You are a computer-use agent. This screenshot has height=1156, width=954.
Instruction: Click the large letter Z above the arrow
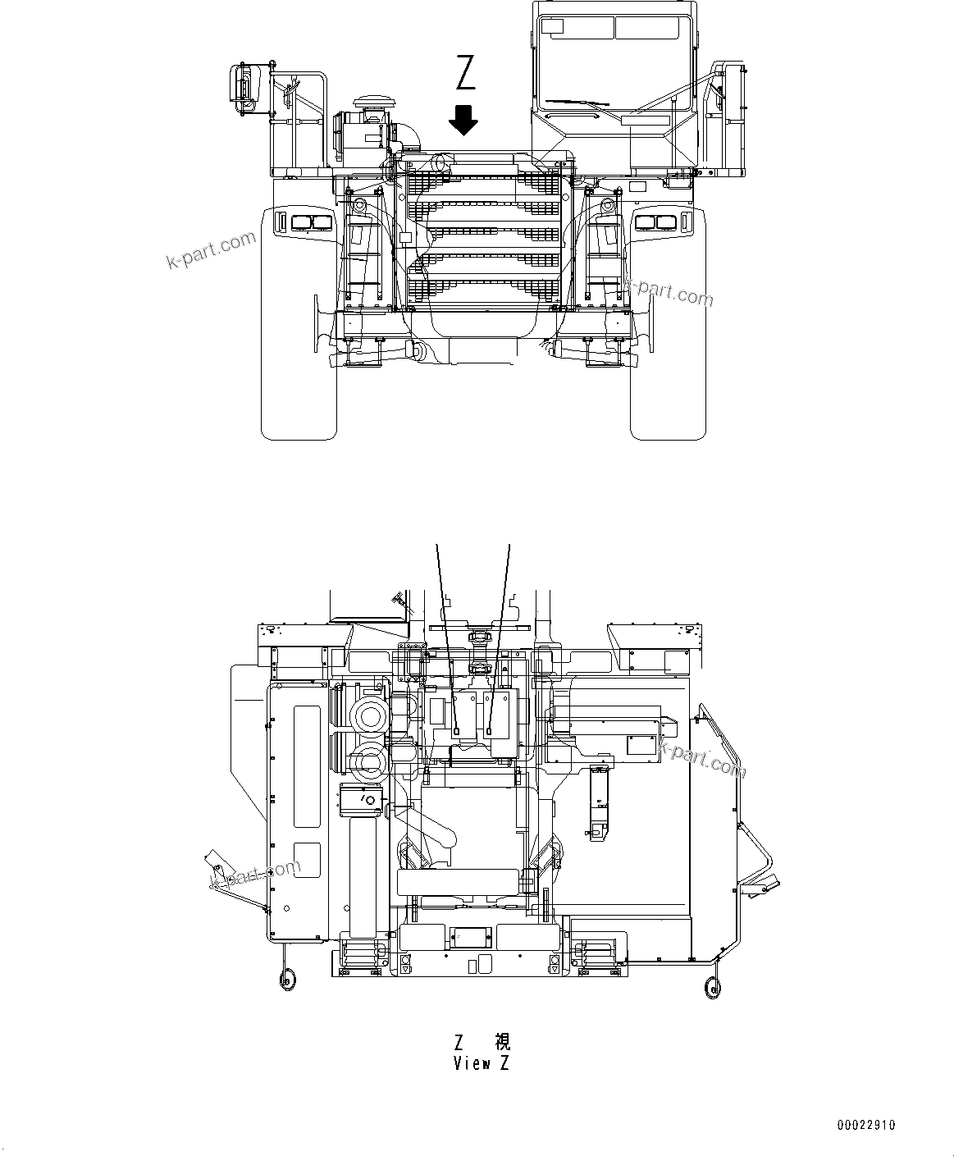[x=465, y=72]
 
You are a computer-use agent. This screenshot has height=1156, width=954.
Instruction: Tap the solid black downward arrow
[x=464, y=120]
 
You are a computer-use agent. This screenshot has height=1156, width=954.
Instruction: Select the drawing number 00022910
[x=866, y=1125]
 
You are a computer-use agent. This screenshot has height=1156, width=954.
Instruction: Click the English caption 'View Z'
[x=482, y=1063]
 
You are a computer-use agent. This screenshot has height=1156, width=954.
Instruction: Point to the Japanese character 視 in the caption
[x=502, y=1042]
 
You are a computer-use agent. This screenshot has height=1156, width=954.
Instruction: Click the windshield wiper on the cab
[x=577, y=103]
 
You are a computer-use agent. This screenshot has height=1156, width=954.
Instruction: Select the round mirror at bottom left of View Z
[x=287, y=976]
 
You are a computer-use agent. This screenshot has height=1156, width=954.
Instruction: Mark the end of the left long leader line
[x=456, y=731]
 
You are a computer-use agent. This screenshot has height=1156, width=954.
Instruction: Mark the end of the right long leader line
[x=490, y=731]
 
